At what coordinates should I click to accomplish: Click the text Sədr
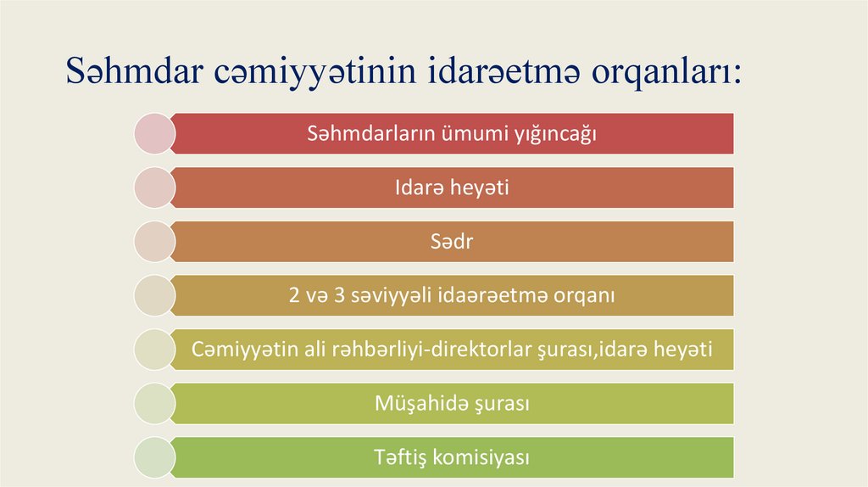(x=452, y=242)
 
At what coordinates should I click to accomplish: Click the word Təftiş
(x=400, y=457)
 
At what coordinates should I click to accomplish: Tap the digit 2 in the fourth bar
(x=294, y=296)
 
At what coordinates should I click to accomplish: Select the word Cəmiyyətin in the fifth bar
(x=235, y=349)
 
